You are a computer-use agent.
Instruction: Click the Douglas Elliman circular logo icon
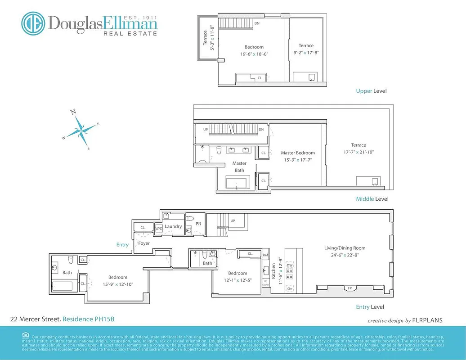[33, 23]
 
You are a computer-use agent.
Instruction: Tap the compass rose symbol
[81, 129]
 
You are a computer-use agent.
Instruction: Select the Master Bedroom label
[298, 153]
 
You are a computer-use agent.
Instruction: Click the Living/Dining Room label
[345, 248]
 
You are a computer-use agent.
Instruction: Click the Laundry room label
[173, 226]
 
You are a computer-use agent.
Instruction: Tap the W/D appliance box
[159, 229]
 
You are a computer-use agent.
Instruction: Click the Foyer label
[144, 243]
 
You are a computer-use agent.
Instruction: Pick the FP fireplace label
[349, 288]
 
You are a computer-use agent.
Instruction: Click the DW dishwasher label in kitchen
[289, 266]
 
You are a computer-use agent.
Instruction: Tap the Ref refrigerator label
[265, 255]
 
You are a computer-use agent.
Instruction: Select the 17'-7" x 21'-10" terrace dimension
[358, 152]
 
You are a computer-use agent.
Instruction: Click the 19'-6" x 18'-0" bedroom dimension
[254, 54]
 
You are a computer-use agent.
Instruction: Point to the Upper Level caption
[371, 91]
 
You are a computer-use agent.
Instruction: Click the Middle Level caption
[372, 199]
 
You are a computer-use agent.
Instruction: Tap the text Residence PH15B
[88, 319]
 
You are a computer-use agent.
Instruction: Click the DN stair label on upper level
[257, 23]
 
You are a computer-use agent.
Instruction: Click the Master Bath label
[239, 166]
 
